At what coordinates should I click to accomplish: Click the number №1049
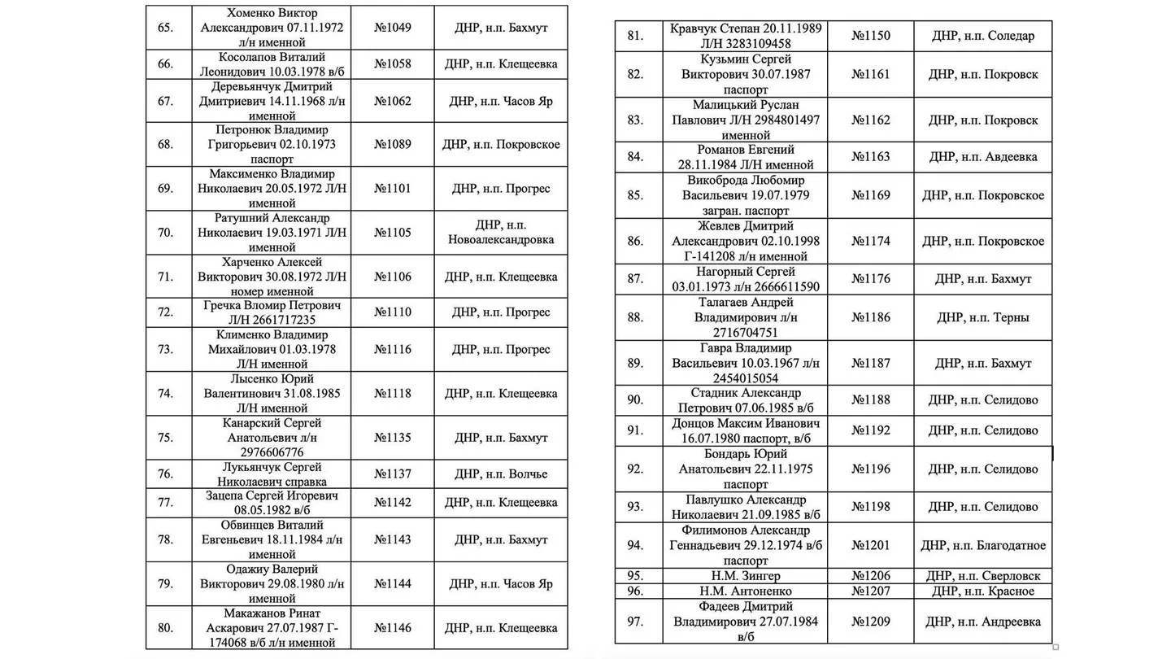coord(393,28)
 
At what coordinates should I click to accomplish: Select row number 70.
coord(165,233)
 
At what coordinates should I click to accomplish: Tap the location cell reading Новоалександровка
coord(500,240)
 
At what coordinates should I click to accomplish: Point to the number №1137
coord(393,474)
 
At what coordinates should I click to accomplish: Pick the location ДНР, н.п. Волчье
coord(500,474)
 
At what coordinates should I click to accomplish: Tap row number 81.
coord(635,36)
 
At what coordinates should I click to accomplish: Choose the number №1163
coord(871,157)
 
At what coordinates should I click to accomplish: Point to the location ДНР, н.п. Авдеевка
coord(983,157)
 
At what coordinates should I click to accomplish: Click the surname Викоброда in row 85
coord(711,181)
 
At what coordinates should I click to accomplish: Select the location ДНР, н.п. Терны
coord(983,317)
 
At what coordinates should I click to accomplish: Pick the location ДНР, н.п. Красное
coord(983,591)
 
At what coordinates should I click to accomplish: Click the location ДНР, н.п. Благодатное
coord(983,545)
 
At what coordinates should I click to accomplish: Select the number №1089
coord(393,145)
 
